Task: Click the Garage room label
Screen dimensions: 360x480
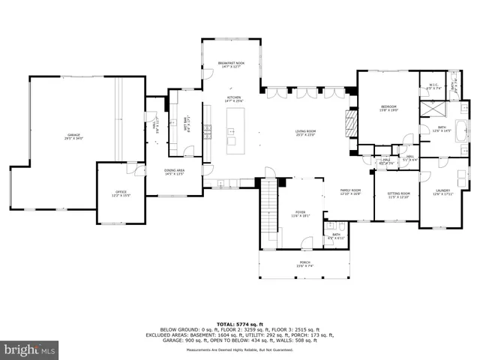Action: coord(72,136)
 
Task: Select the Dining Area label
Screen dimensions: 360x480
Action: coord(174,172)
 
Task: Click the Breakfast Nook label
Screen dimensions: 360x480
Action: coord(231,64)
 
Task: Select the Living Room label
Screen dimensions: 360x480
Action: coord(305,133)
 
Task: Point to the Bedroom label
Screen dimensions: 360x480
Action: coord(388,109)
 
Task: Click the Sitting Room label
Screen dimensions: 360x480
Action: coord(397,195)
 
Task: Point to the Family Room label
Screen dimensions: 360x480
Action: coord(350,192)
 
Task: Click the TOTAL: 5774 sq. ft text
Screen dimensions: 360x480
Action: coord(240,322)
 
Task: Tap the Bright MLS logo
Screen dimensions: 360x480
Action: coord(30,349)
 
